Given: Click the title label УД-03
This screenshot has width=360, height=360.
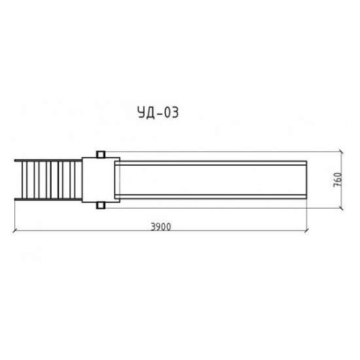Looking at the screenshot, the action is [158, 112].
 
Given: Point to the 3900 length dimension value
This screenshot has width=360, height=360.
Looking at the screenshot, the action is [161, 227].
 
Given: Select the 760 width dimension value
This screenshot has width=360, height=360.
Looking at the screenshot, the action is [338, 180].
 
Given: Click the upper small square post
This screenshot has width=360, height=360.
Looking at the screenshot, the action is [101, 154].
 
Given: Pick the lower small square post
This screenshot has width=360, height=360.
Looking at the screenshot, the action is [101, 206].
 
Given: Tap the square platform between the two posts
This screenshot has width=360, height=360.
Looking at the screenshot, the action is [101, 180].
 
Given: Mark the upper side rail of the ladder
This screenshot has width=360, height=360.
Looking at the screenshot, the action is [48, 161].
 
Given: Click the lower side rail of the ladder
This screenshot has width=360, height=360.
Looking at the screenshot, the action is [48, 199].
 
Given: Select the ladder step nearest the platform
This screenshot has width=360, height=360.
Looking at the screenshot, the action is [75, 180].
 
